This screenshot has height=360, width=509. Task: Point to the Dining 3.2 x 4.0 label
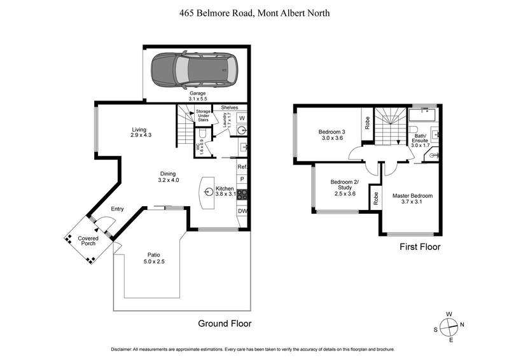169,176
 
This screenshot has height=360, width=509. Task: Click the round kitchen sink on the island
209,190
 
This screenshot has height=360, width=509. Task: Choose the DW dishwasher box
242,212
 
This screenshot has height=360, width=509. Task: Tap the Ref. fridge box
242,167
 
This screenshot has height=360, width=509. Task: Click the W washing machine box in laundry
242,118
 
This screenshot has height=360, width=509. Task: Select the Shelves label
230,107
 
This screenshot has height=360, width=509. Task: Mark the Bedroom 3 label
331,135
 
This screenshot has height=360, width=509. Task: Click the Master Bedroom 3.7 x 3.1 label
412,199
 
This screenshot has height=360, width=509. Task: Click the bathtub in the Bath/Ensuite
421,116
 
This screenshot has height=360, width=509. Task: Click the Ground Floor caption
225,324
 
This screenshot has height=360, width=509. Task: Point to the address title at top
254,13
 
